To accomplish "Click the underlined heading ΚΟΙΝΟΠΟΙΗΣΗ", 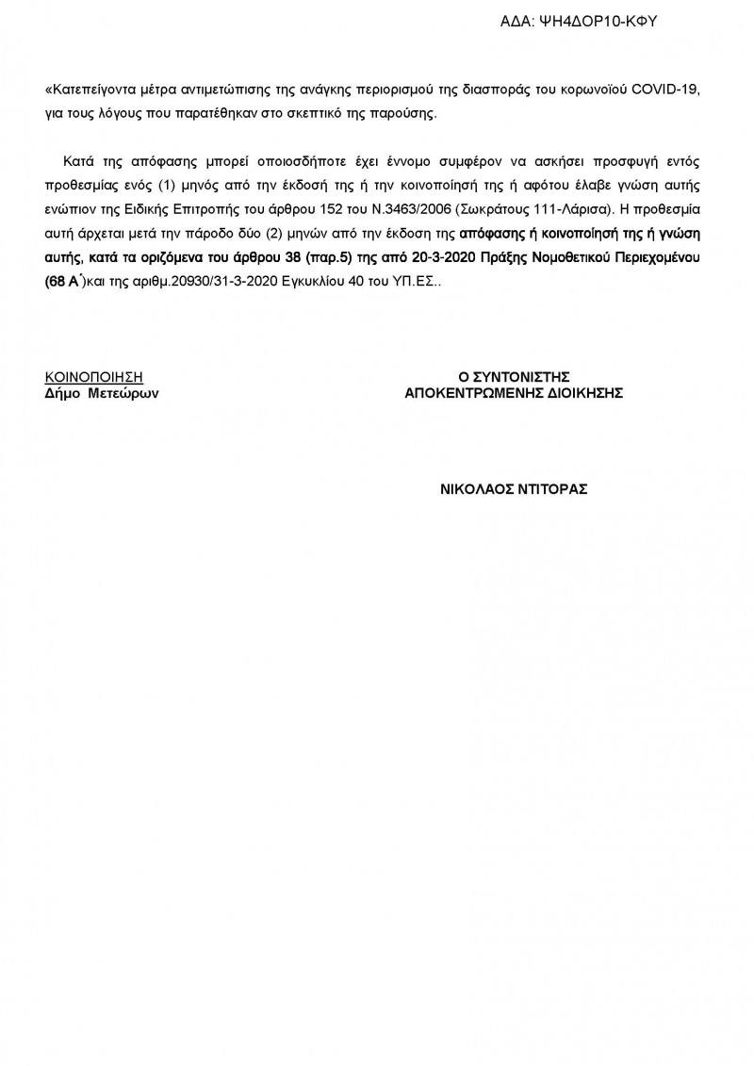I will (x=94, y=377).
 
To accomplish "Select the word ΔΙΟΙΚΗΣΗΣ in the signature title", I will (x=582, y=393).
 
